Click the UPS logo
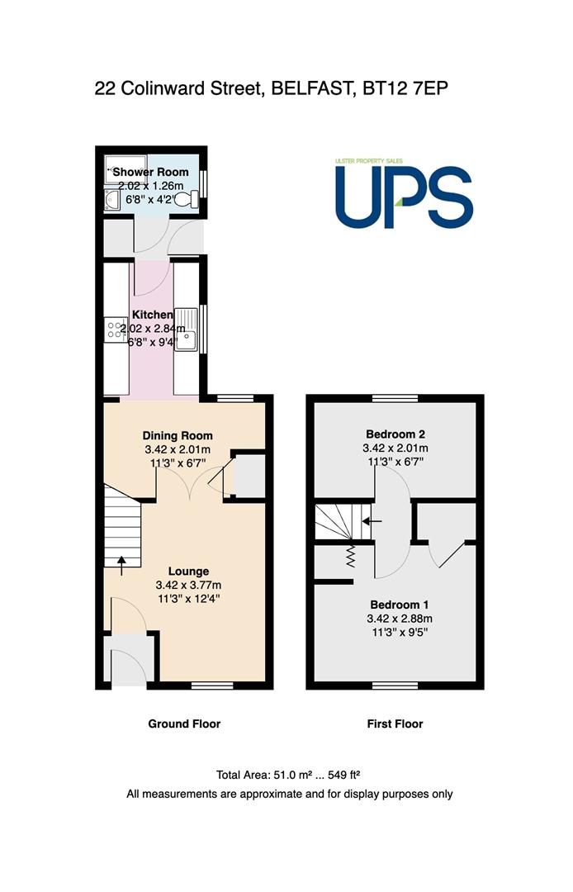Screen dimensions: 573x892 (404, 193)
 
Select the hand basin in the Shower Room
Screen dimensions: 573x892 (112, 200)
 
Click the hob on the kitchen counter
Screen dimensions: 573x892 (116, 330)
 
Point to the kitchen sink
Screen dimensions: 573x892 (186, 330)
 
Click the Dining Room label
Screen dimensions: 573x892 (178, 436)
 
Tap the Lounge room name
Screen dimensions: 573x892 (189, 572)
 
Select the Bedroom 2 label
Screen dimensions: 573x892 (395, 434)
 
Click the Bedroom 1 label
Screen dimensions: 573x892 (400, 605)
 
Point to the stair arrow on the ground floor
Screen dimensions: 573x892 (121, 566)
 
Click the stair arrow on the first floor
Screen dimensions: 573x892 (372, 520)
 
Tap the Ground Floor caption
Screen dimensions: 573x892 (184, 724)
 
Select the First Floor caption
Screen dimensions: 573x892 (395, 724)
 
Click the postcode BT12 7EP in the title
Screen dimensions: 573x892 (400, 88)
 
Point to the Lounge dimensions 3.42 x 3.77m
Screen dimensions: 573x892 (189, 585)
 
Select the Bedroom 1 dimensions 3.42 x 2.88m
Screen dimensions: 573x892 (400, 619)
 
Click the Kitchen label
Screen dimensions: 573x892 (153, 315)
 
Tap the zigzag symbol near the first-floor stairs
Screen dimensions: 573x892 (350, 556)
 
